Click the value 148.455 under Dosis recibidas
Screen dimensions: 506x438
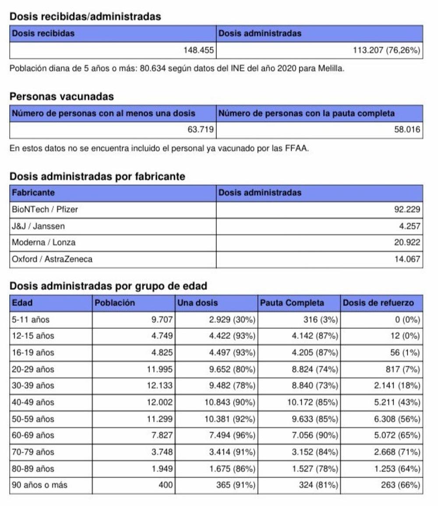tap(199, 50)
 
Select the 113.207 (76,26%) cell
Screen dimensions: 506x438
tap(386, 50)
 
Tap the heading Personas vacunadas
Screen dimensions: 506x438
tap(62, 97)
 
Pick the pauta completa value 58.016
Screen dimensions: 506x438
tap(407, 130)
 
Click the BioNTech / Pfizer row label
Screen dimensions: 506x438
tap(45, 210)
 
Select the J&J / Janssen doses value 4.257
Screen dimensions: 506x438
tap(410, 226)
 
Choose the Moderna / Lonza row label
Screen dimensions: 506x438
tap(43, 243)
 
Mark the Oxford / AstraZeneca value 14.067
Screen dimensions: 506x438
tap(407, 259)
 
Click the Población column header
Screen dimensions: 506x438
tap(115, 303)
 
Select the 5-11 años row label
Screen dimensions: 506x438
tap(31, 319)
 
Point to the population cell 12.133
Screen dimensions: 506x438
tap(160, 386)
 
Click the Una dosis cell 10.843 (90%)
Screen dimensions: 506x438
tap(230, 402)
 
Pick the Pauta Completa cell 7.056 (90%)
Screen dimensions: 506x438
tap(315, 435)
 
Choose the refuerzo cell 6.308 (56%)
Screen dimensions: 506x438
tap(397, 419)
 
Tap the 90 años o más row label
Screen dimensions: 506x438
tap(39, 485)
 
